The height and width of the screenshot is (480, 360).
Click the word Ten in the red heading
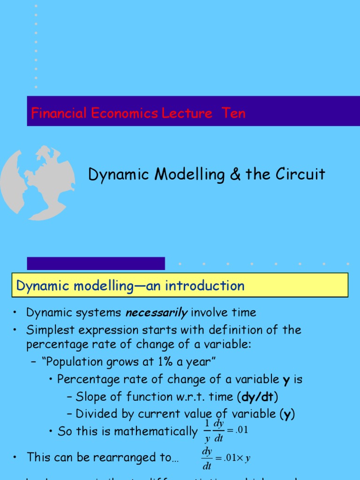(x=233, y=113)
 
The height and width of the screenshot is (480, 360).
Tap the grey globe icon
(x=37, y=183)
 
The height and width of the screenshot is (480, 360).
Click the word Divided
(x=94, y=414)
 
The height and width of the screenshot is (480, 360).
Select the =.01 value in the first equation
(x=236, y=430)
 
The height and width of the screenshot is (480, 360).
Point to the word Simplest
(x=49, y=330)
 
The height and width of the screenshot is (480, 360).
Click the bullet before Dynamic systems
(x=15, y=313)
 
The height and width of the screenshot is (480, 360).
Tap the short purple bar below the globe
(x=96, y=263)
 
